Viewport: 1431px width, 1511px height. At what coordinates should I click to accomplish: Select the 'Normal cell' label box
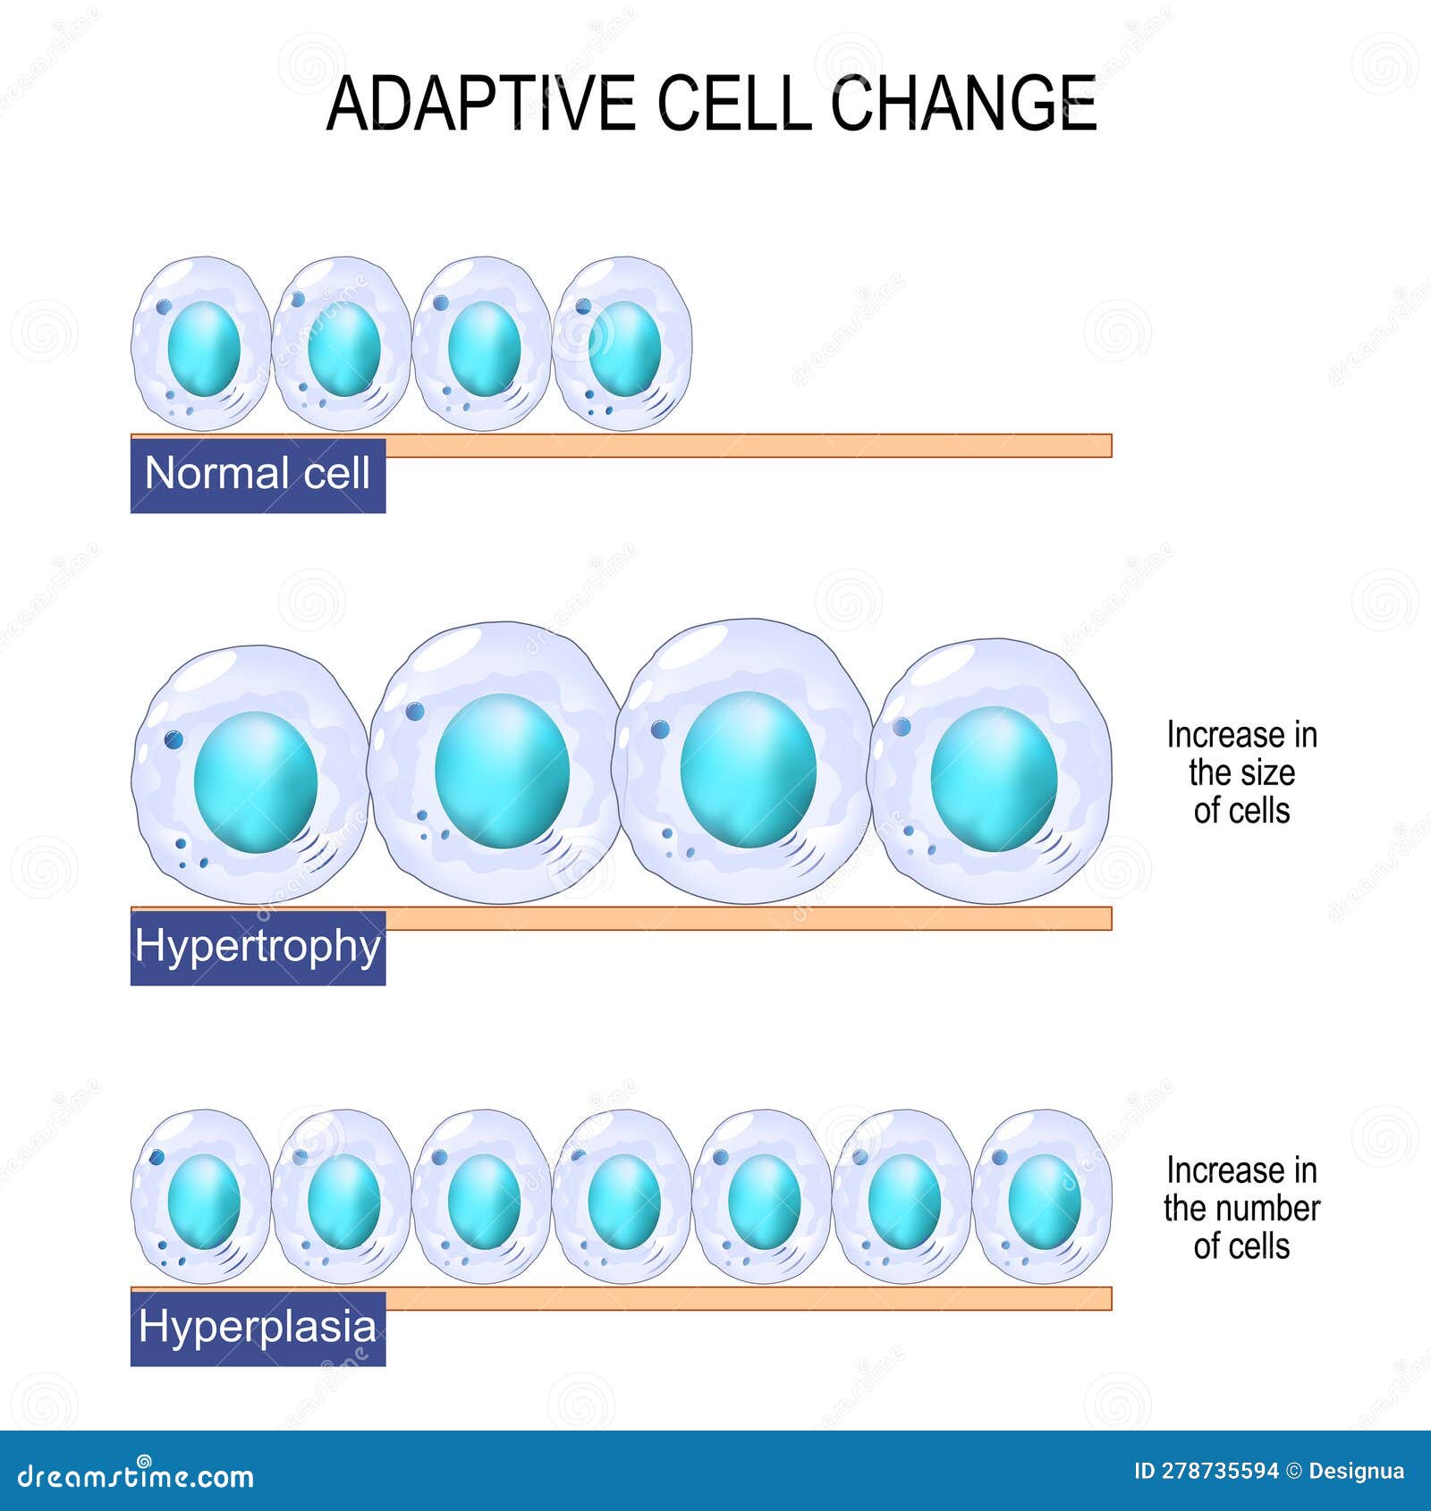coord(258,475)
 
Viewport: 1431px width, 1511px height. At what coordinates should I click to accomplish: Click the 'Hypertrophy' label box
coord(258,948)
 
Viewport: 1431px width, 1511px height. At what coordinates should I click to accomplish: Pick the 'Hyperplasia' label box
coord(258,1329)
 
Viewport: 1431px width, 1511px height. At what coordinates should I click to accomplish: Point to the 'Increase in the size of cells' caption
coord(1241,772)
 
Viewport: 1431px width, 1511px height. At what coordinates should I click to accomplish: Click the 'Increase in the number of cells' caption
coord(1241,1208)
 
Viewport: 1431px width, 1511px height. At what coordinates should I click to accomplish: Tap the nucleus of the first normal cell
coord(204,349)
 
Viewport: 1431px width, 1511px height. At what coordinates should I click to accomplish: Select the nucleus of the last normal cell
coord(624,349)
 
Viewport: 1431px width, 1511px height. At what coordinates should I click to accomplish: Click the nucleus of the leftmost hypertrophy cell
coord(256,782)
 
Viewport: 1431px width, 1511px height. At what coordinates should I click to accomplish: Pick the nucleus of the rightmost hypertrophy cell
coord(994,779)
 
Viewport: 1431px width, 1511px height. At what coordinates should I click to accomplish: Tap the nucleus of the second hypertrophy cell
coord(502,771)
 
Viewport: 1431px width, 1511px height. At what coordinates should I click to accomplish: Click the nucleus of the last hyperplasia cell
coord(1045,1202)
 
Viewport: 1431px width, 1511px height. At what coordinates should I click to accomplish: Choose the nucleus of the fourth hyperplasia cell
coord(624,1202)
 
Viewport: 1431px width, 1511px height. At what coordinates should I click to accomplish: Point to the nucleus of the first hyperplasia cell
coord(204,1202)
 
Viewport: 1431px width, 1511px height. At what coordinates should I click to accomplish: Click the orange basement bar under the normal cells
coord(748,445)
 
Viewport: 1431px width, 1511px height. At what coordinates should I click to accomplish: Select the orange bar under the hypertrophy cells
coord(748,918)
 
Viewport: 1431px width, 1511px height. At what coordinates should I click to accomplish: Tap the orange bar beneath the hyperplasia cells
coord(748,1298)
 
